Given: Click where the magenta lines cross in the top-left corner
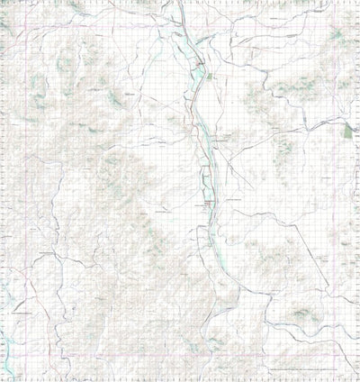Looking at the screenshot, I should (x=31, y=24).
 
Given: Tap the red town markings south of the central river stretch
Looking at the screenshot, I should (x=209, y=205).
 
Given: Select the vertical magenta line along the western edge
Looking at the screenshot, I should (x=31, y=180).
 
